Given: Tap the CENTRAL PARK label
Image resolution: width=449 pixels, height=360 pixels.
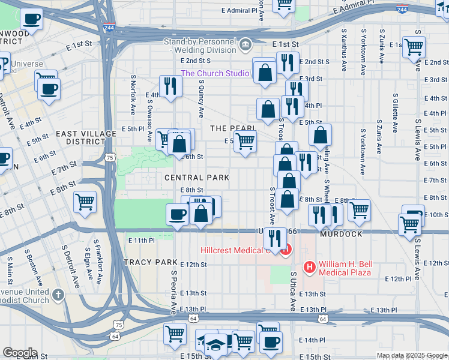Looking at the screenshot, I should point(197,178).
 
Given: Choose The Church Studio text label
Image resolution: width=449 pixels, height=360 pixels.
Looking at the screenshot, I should point(215,73).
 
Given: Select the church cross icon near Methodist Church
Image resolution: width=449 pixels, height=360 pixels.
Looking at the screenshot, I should point(58,294).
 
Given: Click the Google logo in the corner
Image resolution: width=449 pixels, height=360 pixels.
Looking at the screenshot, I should point(20,353).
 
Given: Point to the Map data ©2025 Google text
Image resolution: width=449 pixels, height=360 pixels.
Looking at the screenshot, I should point(411,355).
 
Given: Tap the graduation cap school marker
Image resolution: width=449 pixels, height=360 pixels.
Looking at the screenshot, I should point(215,343).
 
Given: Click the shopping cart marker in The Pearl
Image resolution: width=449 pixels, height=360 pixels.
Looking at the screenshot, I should point(244,142).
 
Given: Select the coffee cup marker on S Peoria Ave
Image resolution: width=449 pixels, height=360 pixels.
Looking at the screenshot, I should point(178,214).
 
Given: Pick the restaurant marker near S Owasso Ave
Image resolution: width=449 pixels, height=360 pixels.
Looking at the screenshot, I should point(170,86).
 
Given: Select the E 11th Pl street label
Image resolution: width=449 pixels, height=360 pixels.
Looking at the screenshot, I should point(142,240).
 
